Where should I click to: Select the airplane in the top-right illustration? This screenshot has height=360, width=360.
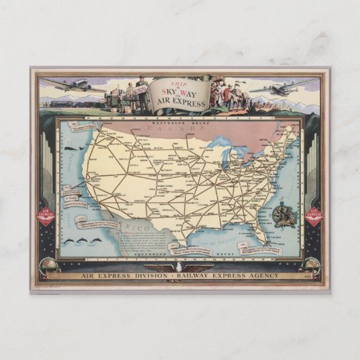click(283, 88)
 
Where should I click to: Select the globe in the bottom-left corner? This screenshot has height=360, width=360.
click(48, 266)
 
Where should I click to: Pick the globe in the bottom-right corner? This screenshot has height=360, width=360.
click(312, 266)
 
